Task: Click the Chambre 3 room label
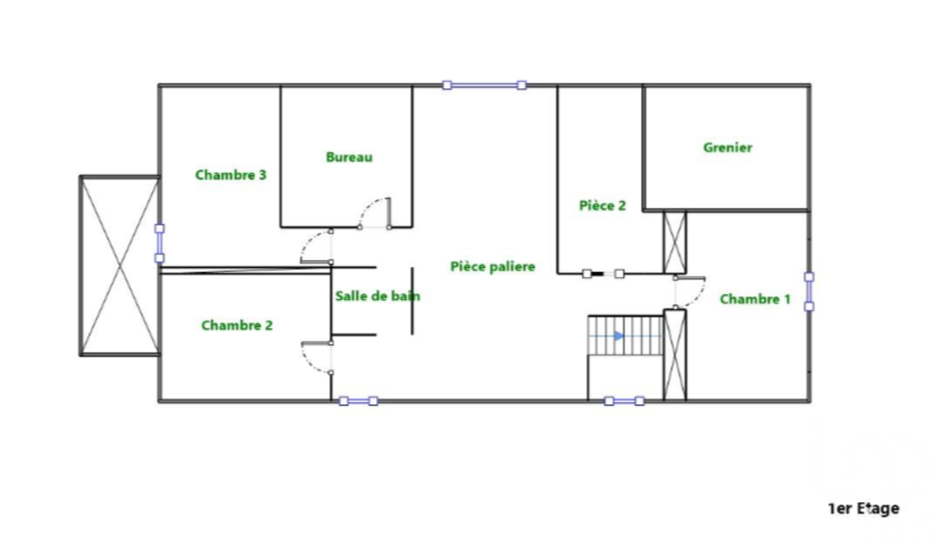231,175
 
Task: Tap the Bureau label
349,157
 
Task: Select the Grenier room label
728,148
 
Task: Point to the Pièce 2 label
603,206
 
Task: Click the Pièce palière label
493,267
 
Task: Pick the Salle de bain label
378,296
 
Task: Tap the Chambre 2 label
237,325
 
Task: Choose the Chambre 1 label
756,299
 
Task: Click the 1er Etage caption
864,509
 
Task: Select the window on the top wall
484,86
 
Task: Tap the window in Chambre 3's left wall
160,243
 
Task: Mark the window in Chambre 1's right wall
808,291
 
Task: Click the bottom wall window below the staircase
624,401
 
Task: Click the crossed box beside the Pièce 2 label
675,243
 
